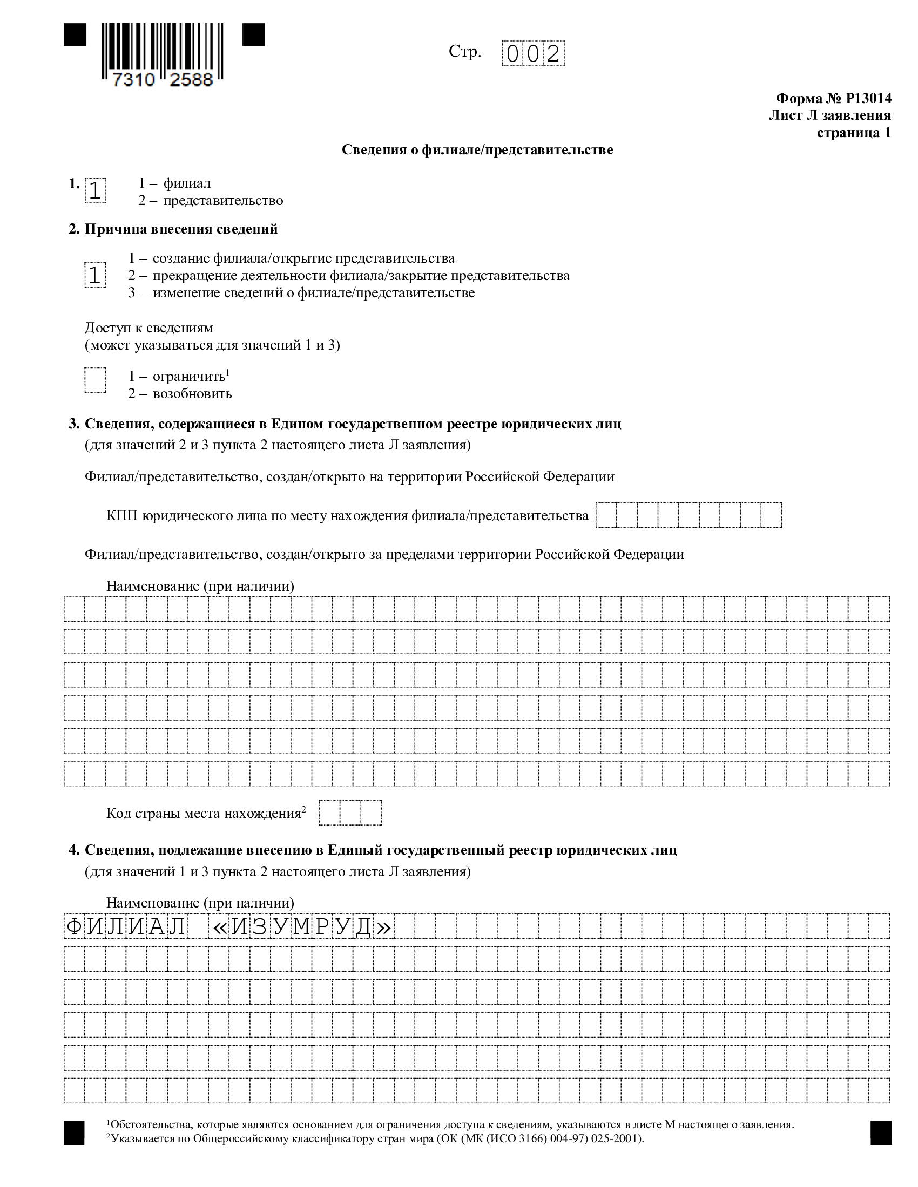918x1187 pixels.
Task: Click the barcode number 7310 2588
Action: [162, 80]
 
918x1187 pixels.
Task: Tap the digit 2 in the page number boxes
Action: [553, 54]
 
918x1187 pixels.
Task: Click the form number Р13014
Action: [868, 98]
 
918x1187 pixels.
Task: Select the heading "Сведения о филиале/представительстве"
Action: [477, 150]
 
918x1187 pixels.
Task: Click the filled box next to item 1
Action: [95, 191]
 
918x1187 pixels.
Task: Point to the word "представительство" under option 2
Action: [223, 201]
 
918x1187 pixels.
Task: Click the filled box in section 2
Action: [95, 276]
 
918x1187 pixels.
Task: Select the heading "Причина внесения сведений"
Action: [180, 229]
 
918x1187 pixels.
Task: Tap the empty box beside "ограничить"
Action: [95, 380]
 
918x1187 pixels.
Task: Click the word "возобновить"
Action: [192, 393]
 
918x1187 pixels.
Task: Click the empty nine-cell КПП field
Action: [688, 515]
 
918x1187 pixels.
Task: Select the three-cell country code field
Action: [350, 813]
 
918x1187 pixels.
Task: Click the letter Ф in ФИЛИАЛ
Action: [73, 926]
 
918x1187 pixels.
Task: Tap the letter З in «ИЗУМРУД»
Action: [259, 926]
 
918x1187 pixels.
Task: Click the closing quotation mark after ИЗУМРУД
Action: [383, 927]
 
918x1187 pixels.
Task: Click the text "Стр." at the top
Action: [464, 52]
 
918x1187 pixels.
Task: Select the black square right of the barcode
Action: [253, 35]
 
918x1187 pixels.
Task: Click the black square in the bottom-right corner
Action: [881, 1133]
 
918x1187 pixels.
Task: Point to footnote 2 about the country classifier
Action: [375, 1138]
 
